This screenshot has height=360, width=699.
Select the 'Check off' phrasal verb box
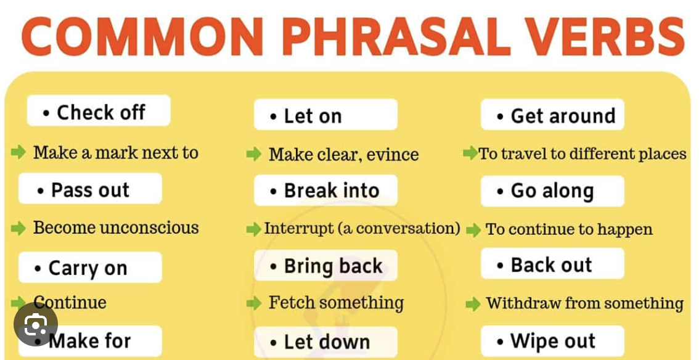(99, 112)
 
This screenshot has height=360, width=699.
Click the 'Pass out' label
(90, 189)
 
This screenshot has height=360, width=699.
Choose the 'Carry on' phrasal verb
(90, 268)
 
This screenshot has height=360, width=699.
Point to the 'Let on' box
(325, 115)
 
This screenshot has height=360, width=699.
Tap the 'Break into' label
(325, 190)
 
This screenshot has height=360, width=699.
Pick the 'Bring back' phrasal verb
(325, 266)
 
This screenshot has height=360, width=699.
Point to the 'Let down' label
(325, 342)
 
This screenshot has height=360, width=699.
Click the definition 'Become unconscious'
(116, 227)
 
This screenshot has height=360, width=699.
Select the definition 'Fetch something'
(336, 303)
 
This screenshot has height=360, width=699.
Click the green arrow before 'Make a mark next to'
(18, 152)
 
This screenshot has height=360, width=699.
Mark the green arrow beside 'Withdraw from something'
(473, 303)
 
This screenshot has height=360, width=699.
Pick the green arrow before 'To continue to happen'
(473, 231)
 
